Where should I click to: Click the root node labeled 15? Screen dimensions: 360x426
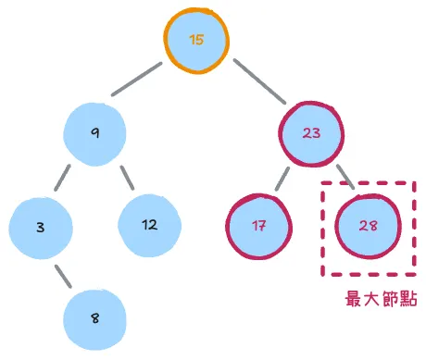tap(195, 40)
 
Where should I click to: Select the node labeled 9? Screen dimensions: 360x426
tap(95, 133)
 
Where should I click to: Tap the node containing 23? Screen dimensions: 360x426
tap(312, 133)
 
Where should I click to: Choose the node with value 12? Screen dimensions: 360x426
tap(150, 225)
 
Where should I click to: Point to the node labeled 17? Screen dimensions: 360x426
tap(258, 225)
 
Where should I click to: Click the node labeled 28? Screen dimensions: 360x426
tap(368, 225)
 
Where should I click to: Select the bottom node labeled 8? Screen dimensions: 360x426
tap(95, 317)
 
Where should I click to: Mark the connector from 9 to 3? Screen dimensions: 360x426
tap(63, 178)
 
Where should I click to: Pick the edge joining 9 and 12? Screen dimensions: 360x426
tap(128, 177)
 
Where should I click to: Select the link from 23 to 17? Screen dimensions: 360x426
tap(282, 179)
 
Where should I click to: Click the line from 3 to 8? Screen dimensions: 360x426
tap(64, 275)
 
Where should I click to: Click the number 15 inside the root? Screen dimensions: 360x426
tap(195, 40)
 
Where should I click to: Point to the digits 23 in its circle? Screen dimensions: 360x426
tap(312, 133)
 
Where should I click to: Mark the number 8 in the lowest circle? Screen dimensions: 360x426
tap(95, 317)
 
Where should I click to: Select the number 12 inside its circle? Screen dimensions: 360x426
tap(150, 225)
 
